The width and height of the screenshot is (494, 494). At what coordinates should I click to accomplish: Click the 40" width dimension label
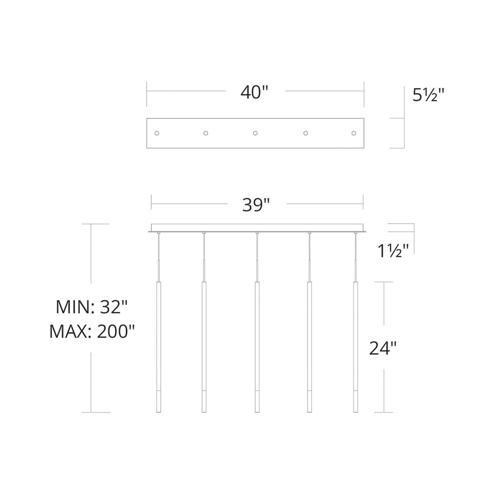(254, 92)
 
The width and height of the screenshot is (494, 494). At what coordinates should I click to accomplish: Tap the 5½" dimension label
(428, 95)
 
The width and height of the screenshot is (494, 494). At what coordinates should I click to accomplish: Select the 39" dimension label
(256, 205)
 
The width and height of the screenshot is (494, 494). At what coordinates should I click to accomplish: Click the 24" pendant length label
(383, 348)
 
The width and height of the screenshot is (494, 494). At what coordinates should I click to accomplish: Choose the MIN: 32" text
(92, 307)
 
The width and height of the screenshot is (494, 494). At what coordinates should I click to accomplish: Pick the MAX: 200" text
(92, 332)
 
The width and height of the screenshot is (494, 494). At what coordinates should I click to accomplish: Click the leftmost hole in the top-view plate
(157, 133)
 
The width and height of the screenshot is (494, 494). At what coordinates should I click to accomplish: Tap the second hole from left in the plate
(205, 133)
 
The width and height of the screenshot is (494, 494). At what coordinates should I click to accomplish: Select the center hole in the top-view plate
(255, 133)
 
